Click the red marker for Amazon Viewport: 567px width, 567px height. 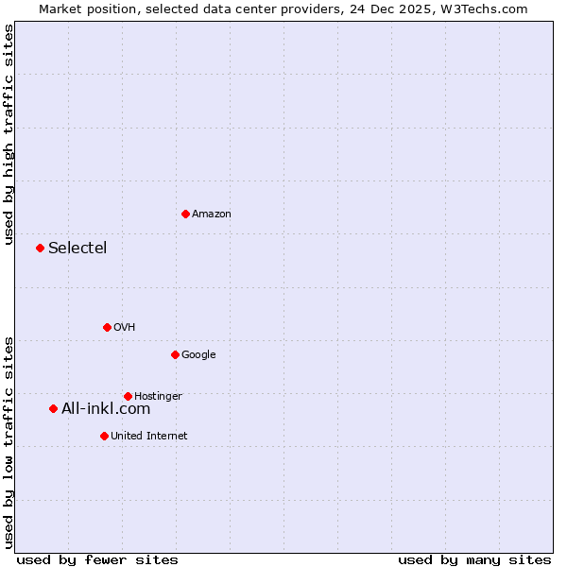[x=185, y=214]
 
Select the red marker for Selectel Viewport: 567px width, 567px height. [x=40, y=248]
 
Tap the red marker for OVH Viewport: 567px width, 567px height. [x=107, y=327]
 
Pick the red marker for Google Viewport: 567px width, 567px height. [x=175, y=354]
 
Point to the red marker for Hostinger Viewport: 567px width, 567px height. [x=128, y=396]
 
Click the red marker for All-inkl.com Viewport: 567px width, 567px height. [x=53, y=408]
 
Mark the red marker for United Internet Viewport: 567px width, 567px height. [x=104, y=436]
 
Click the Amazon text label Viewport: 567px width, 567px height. [x=212, y=215]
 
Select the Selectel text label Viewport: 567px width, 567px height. [x=77, y=249]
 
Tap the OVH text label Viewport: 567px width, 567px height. [x=125, y=328]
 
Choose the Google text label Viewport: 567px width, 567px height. [x=198, y=355]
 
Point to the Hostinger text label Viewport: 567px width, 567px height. [x=158, y=397]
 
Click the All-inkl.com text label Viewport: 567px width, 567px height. [x=106, y=409]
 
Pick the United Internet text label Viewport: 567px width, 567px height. [x=149, y=437]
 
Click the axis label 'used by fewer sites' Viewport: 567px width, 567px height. [x=97, y=559]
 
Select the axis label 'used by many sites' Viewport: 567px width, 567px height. [x=474, y=559]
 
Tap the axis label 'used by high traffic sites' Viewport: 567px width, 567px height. [x=9, y=134]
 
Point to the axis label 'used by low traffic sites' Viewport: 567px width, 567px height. [x=9, y=442]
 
